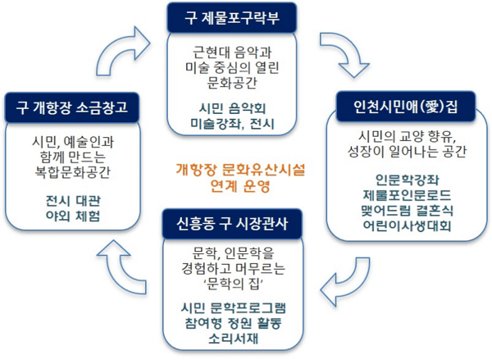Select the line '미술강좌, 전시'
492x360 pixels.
(232, 125)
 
